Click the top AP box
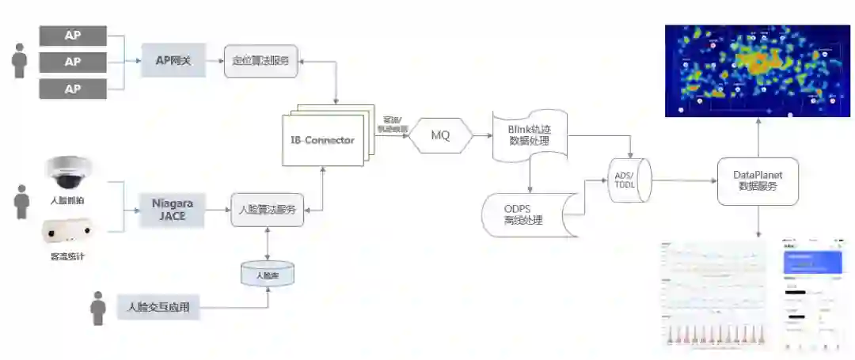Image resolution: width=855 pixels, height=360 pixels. point(73,35)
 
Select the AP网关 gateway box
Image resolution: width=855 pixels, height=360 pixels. point(173,61)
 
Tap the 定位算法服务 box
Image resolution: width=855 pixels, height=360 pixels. point(260,61)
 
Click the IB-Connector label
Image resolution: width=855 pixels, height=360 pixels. point(322,140)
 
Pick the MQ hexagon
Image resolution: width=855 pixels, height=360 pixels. point(440,135)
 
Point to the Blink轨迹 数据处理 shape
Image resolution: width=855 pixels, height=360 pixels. point(530,135)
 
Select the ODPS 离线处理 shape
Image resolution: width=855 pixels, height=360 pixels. point(523,214)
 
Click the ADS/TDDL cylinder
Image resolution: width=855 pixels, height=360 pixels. point(630,180)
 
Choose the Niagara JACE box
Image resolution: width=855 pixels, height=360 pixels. point(173,210)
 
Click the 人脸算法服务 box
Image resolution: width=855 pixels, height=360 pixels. point(267,210)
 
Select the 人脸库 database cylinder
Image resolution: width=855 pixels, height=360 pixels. point(267,275)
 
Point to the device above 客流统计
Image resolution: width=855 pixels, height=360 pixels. point(69,231)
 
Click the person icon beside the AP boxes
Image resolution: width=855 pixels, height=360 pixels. point(20,61)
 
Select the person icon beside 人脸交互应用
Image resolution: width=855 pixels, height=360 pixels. point(98,308)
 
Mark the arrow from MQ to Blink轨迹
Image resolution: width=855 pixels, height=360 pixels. point(481,136)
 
